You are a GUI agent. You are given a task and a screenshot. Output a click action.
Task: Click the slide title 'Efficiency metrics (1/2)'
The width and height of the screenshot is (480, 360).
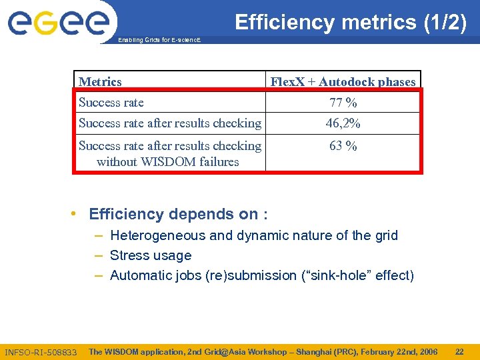[x=350, y=22]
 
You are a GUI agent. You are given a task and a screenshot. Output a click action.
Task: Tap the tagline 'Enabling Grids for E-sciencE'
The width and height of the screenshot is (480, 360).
[x=159, y=41]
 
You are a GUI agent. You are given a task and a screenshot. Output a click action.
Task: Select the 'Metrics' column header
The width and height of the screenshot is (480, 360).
[x=100, y=82]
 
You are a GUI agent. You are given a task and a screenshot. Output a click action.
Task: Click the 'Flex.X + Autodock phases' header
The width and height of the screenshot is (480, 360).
[x=343, y=82]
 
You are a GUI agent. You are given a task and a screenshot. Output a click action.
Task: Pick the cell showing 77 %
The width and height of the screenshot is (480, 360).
[x=343, y=103]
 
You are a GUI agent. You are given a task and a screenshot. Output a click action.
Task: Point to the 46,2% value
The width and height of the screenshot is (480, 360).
[x=343, y=123]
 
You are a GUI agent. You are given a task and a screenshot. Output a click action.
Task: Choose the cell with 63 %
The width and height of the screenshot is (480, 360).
[x=343, y=145]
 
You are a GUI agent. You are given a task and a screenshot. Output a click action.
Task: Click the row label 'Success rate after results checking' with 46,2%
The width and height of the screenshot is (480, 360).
[x=170, y=123]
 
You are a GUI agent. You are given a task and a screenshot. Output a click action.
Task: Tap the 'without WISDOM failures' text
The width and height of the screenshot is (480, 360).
[x=168, y=161]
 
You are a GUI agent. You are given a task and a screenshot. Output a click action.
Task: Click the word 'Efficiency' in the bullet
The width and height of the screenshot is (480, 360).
[x=126, y=214]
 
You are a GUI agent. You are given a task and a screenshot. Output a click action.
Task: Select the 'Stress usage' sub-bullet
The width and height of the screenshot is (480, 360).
[x=151, y=255]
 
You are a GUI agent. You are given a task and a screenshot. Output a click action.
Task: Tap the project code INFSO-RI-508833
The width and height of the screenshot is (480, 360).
[x=41, y=352]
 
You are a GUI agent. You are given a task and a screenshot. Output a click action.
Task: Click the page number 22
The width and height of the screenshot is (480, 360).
[x=459, y=351]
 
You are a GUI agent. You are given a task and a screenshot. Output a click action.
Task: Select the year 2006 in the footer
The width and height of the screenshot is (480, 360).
[x=426, y=351]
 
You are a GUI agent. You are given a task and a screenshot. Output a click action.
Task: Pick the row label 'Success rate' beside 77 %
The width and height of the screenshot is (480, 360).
[x=111, y=103]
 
